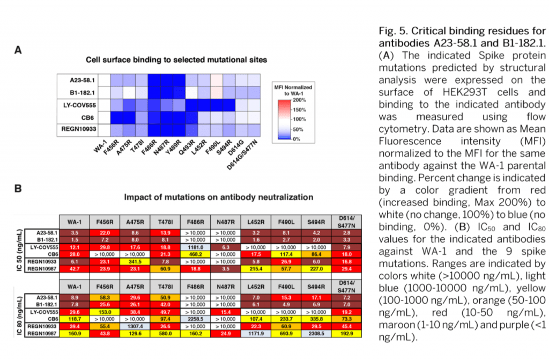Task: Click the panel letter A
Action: click(18, 51)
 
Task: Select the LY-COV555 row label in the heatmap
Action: click(82, 105)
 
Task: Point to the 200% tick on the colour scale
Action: click(299, 100)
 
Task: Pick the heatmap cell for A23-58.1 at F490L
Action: click(216, 80)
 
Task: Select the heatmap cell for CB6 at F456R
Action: click(117, 117)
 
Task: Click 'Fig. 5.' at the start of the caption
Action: click(394, 31)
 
